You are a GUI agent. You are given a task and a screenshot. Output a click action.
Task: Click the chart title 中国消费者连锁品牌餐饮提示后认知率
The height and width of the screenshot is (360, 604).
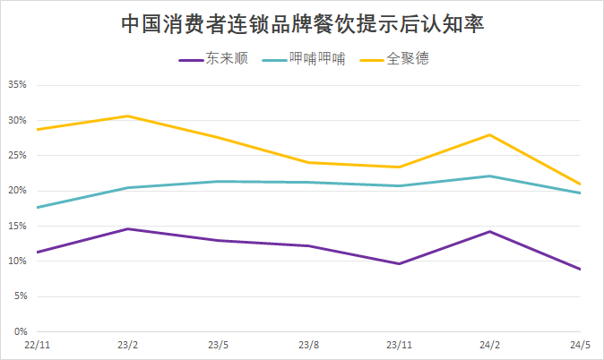302,24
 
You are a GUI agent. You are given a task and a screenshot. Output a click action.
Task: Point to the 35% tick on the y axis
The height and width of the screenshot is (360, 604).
17,85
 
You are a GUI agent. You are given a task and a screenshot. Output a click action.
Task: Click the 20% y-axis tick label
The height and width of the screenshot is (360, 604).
17,191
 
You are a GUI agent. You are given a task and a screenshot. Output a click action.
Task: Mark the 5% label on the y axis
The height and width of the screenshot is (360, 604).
20,296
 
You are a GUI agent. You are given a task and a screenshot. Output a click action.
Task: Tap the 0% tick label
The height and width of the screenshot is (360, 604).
20,332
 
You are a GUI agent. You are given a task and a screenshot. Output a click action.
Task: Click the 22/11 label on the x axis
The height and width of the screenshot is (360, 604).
37,345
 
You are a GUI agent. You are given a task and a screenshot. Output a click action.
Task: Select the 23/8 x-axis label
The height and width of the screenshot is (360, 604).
308,345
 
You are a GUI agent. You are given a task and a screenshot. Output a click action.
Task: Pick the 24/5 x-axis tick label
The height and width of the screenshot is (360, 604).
580,345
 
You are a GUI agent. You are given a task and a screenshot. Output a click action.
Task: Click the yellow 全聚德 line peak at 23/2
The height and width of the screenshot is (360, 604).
127,116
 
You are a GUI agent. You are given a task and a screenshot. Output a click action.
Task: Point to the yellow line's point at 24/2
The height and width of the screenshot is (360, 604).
489,134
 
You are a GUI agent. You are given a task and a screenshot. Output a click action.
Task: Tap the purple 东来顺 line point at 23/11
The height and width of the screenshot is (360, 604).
399,263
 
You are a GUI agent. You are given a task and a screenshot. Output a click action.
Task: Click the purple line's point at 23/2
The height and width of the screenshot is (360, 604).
127,228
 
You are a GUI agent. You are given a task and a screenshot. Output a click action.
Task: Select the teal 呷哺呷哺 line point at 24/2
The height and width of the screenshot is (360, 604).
489,176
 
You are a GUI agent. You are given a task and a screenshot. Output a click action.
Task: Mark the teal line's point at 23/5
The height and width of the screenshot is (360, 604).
218,181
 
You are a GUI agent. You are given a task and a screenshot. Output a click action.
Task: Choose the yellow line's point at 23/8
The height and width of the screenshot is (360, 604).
308,162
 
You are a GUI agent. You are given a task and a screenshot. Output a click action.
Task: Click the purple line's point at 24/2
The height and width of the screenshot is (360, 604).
489,231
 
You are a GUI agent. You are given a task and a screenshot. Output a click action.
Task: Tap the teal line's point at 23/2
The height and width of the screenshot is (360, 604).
127,187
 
